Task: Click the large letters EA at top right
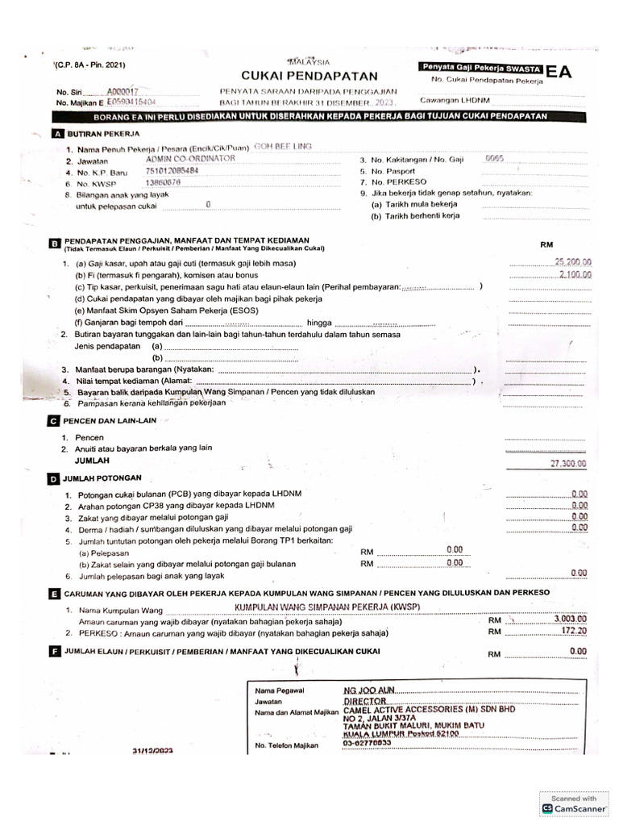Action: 559,72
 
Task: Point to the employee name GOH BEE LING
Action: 281,147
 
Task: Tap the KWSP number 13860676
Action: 163,183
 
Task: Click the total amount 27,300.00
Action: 568,463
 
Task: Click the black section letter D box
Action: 55,478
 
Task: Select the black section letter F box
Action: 55,651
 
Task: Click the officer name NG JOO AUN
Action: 370,690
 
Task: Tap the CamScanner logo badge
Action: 575,803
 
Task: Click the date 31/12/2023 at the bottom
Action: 155,750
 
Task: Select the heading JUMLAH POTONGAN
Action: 102,478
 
